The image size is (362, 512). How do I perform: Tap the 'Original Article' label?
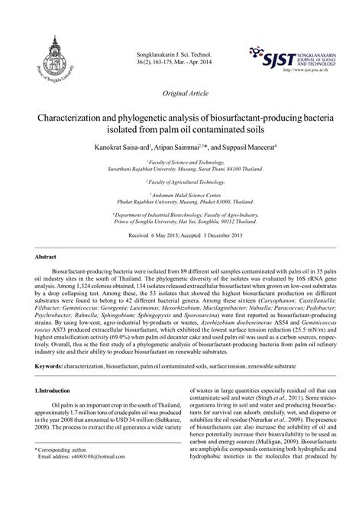click(x=182, y=93)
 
